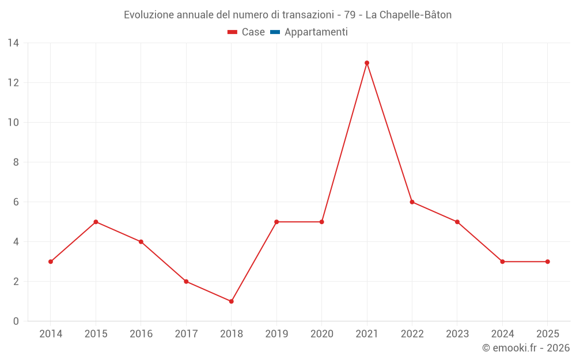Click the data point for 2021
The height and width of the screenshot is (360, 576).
pyautogui.click(x=367, y=63)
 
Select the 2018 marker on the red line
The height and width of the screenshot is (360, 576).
pyautogui.click(x=231, y=301)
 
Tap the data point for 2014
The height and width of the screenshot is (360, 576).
pyautogui.click(x=51, y=262)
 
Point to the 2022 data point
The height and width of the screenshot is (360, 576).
pyautogui.click(x=412, y=202)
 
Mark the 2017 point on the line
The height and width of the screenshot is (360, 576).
pyautogui.click(x=186, y=282)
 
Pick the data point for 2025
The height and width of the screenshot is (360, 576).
pyautogui.click(x=547, y=262)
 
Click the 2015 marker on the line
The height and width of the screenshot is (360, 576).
pyautogui.click(x=96, y=222)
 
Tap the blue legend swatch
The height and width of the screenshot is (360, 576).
pyautogui.click(x=275, y=32)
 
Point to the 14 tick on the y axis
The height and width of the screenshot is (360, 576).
pyautogui.click(x=13, y=43)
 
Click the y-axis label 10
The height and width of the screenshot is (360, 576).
pyautogui.click(x=13, y=123)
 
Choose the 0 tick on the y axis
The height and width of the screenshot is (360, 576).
pyautogui.click(x=16, y=321)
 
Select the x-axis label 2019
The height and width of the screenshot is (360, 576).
pyautogui.click(x=276, y=334)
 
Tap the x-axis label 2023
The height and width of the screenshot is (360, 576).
pyautogui.click(x=457, y=334)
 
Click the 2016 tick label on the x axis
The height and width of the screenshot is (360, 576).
pyautogui.click(x=141, y=334)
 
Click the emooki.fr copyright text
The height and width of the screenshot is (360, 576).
pyautogui.click(x=526, y=348)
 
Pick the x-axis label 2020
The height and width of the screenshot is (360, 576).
pyautogui.click(x=321, y=334)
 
